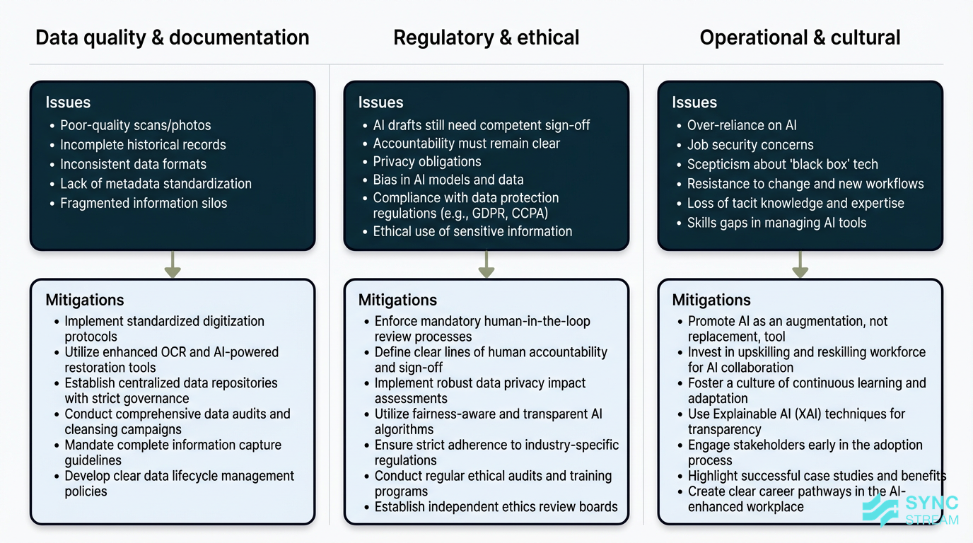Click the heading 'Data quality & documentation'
[x=172, y=37]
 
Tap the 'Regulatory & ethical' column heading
[x=486, y=37]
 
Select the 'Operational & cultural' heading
[x=800, y=37]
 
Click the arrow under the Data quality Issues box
[x=173, y=264]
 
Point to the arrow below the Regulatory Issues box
[x=486, y=264]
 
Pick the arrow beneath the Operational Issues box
[x=800, y=264]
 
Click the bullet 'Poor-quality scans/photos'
[x=135, y=126]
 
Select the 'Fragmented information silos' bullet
[x=144, y=204]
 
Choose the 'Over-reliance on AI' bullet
[x=742, y=126]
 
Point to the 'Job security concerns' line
[x=750, y=145]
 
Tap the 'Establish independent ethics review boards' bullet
[x=496, y=507]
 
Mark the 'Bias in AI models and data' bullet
[x=448, y=180]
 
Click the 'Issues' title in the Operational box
[x=694, y=103]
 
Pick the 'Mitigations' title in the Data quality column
[x=85, y=300]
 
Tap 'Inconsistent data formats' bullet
[x=133, y=165]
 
